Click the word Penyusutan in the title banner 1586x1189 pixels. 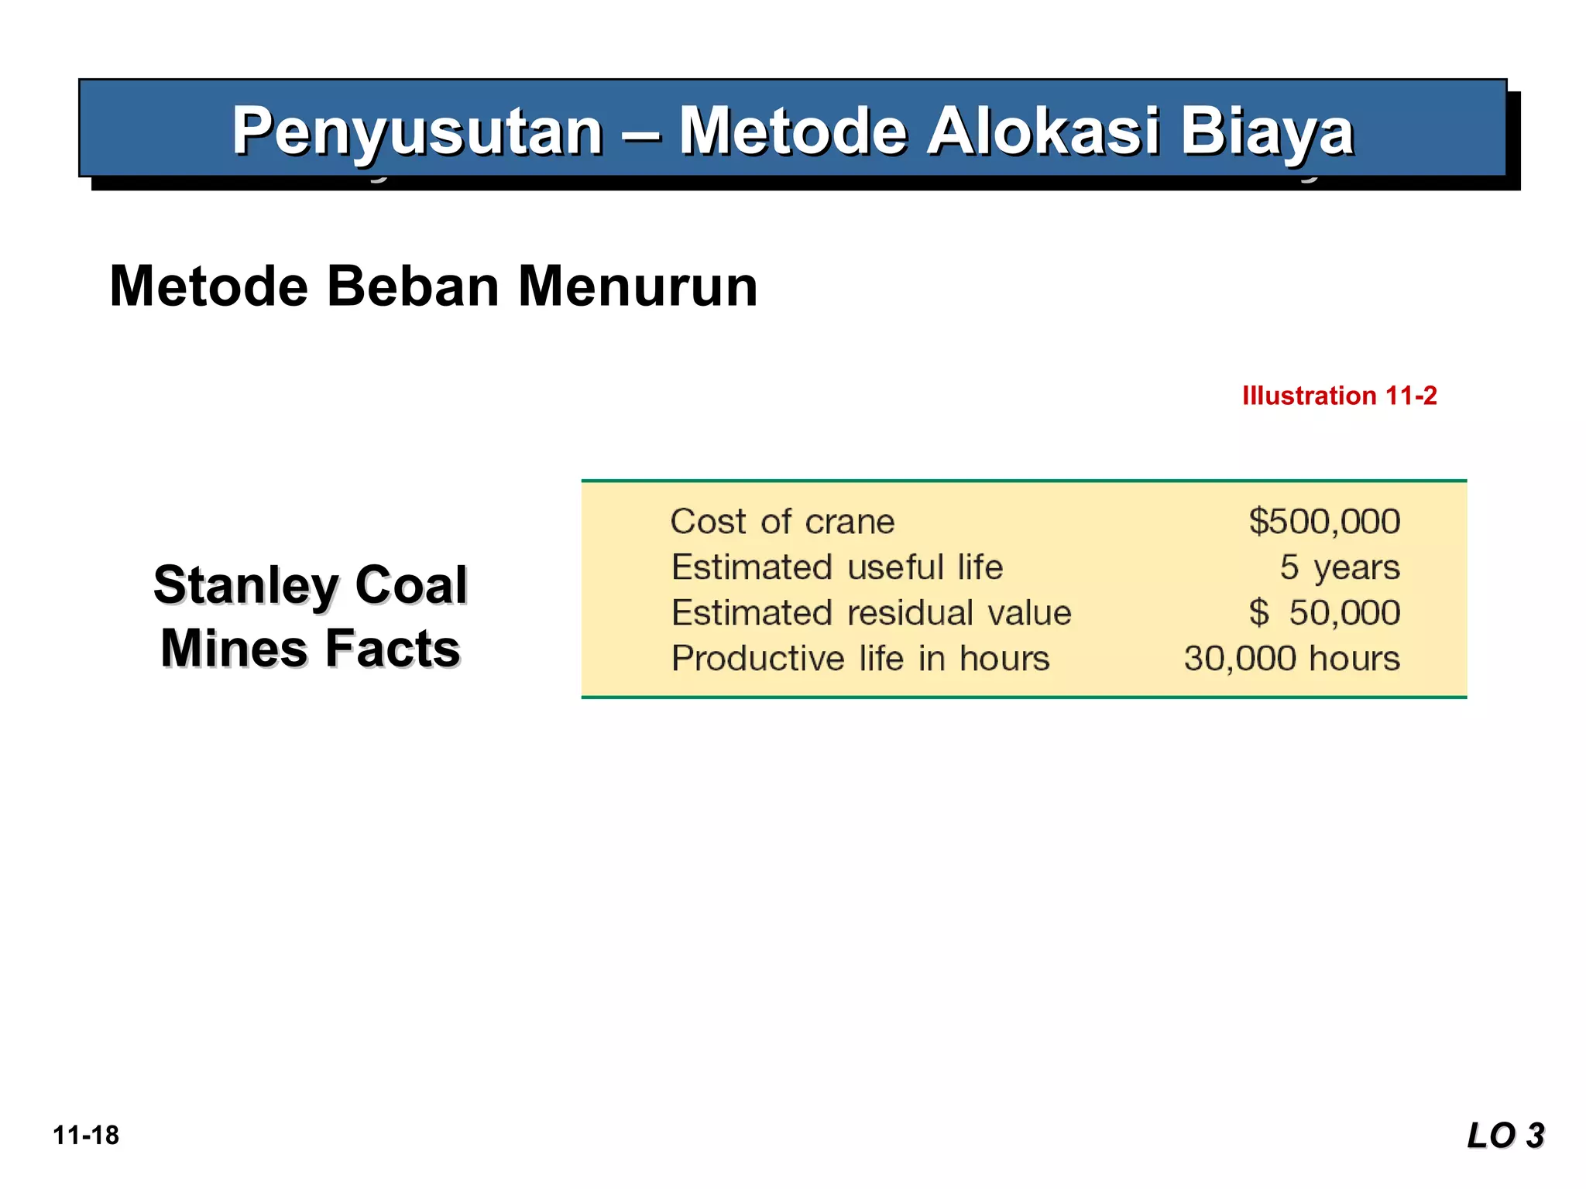click(417, 132)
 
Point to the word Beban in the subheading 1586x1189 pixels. click(413, 286)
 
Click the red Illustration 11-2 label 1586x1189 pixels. click(1339, 396)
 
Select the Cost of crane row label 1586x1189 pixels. click(782, 522)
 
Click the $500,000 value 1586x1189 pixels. click(1324, 522)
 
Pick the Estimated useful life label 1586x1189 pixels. click(837, 567)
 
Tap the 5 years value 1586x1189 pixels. click(1340, 567)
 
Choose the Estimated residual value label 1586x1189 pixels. click(871, 613)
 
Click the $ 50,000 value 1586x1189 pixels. click(1324, 613)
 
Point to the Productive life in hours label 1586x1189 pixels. click(860, 659)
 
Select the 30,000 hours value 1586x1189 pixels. click(1292, 659)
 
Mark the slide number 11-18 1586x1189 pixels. click(86, 1136)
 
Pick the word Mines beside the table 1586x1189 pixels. click(235, 649)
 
